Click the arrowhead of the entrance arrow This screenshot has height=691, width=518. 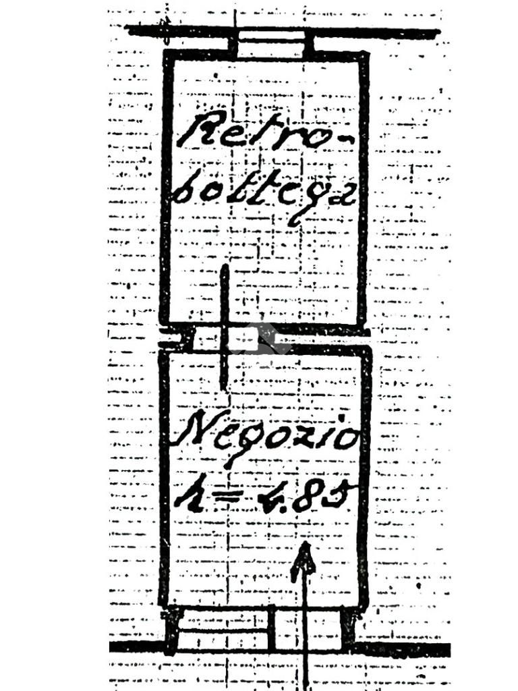[304, 558]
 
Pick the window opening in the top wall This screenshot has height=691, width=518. [271, 45]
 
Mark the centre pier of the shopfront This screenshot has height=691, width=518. [272, 628]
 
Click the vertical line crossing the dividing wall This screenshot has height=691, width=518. [224, 327]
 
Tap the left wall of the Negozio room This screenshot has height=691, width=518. [163, 479]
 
